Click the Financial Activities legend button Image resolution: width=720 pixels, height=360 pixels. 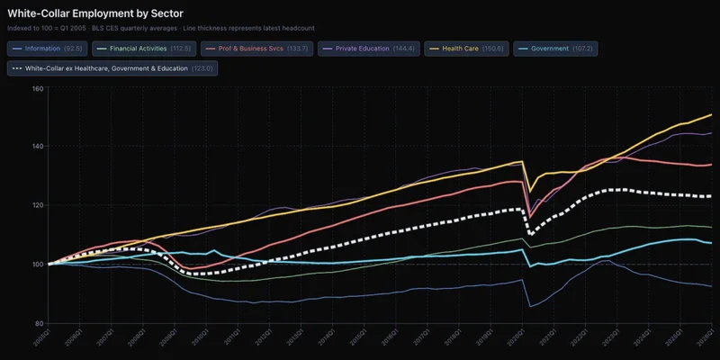point(148,48)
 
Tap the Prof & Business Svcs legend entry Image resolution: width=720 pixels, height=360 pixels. point(257,48)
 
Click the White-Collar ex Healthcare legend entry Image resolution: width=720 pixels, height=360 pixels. point(112,67)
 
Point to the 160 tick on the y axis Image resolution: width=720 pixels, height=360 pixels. point(38,88)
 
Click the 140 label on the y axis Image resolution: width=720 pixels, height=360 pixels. point(38,147)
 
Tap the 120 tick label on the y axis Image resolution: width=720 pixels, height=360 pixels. point(38,205)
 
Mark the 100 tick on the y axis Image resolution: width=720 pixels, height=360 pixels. point(38,265)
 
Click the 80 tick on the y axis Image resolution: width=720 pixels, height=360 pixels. point(39,323)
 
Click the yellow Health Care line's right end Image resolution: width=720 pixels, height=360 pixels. point(712,115)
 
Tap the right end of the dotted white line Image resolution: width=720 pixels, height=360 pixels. point(712,196)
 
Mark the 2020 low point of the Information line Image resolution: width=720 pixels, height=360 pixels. point(530,307)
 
